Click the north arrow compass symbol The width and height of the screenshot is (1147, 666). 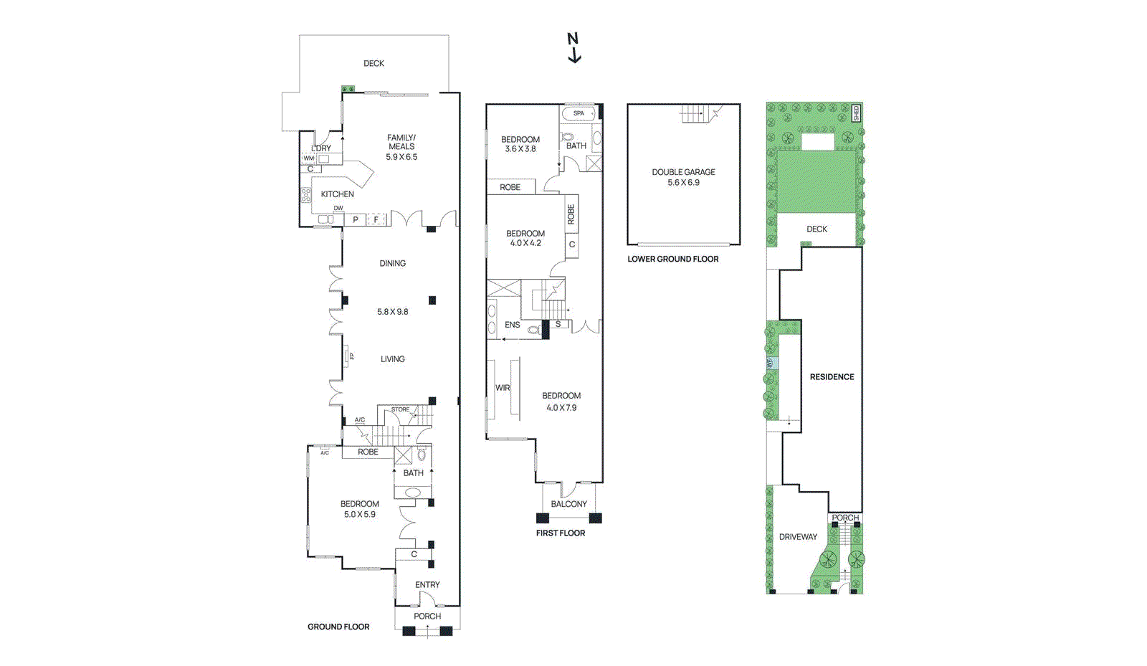573,48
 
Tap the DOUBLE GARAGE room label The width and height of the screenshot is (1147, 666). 683,172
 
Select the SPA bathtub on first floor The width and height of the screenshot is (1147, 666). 579,113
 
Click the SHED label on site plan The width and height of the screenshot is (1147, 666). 855,113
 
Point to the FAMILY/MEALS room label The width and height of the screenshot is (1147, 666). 401,142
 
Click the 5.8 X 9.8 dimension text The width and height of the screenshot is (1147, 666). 392,312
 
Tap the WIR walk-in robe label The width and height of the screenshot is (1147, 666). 503,388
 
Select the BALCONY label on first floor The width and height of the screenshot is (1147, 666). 568,504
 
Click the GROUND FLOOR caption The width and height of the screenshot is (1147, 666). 338,627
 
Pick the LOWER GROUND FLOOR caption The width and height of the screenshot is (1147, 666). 672,259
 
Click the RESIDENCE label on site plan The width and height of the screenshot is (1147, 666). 832,376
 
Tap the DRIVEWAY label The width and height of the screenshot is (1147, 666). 798,537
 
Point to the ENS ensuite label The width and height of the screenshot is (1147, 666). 512,325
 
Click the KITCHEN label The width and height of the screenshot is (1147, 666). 337,194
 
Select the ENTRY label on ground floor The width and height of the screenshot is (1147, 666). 427,585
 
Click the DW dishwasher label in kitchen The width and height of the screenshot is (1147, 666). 338,209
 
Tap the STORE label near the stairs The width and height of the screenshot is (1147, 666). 400,409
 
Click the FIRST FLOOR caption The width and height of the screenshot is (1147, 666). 560,533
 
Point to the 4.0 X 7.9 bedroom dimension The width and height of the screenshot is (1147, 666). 561,408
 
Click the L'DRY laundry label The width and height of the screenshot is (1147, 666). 321,148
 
